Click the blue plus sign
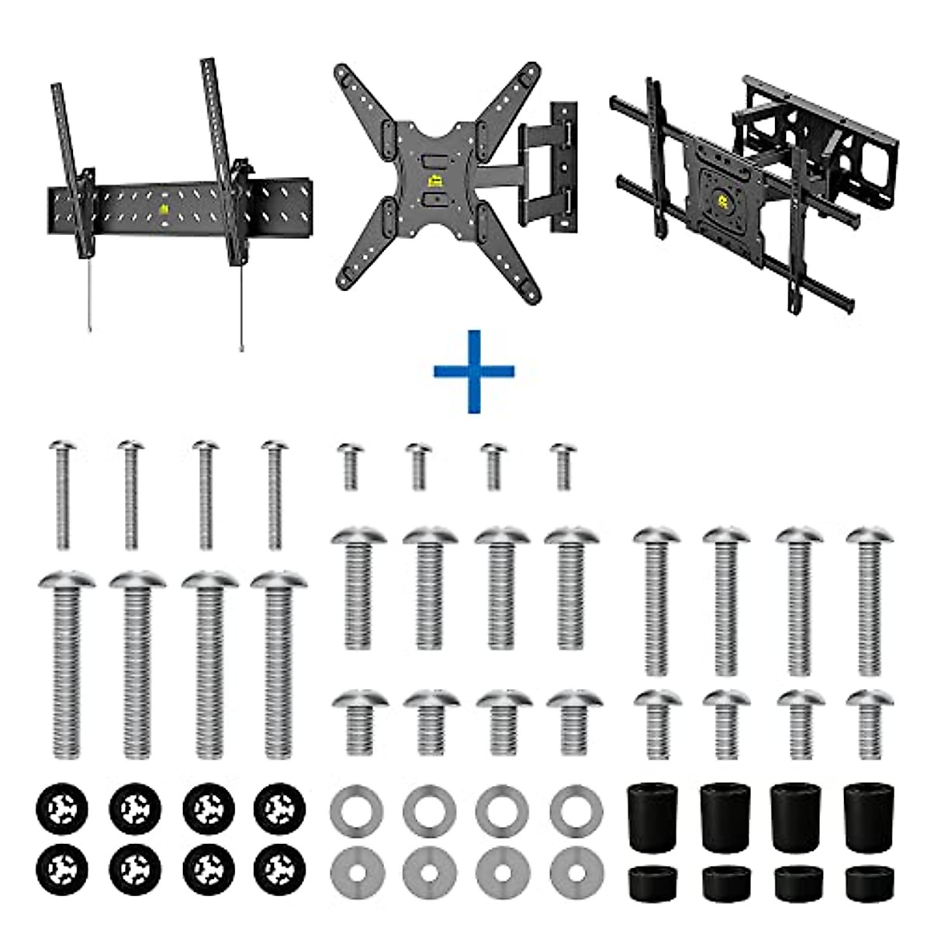pos(474,371)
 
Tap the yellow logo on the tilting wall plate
pos(164,209)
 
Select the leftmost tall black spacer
pos(652,817)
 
